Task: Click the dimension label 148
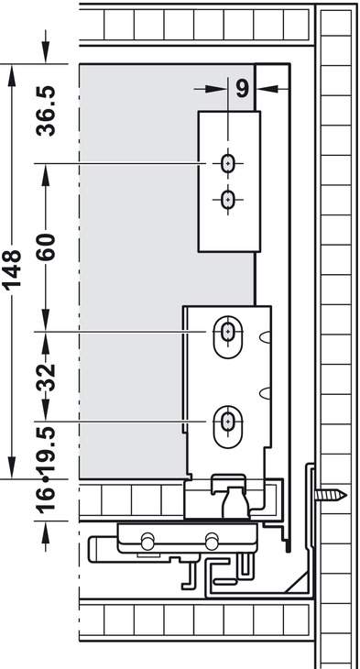[x=12, y=269]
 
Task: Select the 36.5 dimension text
[x=47, y=111]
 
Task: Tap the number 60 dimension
[x=47, y=247]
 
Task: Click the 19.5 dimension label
[x=47, y=451]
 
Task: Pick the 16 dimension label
[x=47, y=498]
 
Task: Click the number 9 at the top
[x=242, y=88]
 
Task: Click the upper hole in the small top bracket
[x=228, y=163]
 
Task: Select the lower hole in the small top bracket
[x=228, y=199]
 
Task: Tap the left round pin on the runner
[x=147, y=542]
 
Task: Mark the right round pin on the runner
[x=212, y=542]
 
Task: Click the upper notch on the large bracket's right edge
[x=266, y=337]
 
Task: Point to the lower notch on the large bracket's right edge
[x=266, y=393]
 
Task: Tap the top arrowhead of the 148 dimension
[x=12, y=74]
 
